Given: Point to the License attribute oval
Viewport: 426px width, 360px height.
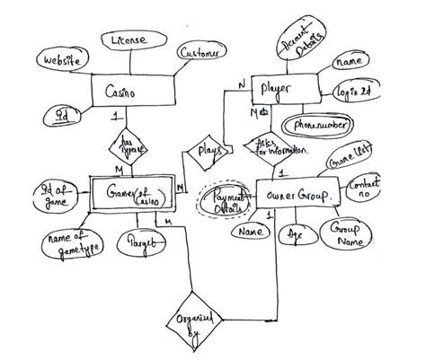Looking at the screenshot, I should click(x=130, y=40).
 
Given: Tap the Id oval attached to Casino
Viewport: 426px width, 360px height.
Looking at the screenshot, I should click(x=62, y=114).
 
